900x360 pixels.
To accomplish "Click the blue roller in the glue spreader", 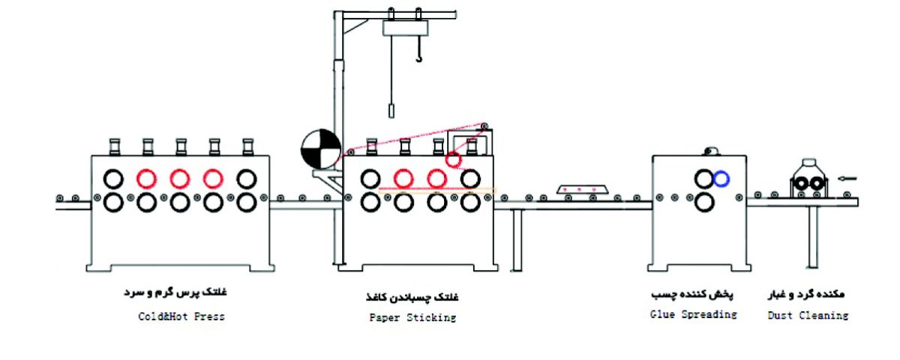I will coord(721,178).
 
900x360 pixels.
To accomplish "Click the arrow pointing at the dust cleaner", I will coord(847,178).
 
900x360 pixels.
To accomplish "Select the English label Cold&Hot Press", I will coord(181,316).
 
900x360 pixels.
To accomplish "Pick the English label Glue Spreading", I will coord(693,314).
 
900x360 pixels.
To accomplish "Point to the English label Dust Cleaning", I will coord(807,316).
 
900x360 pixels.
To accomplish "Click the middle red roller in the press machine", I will coord(179,178).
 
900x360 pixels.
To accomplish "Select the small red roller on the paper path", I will coord(453,160).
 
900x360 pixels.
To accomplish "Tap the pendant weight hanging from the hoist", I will coord(391,110).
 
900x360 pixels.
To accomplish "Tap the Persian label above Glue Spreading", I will coord(694,293).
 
